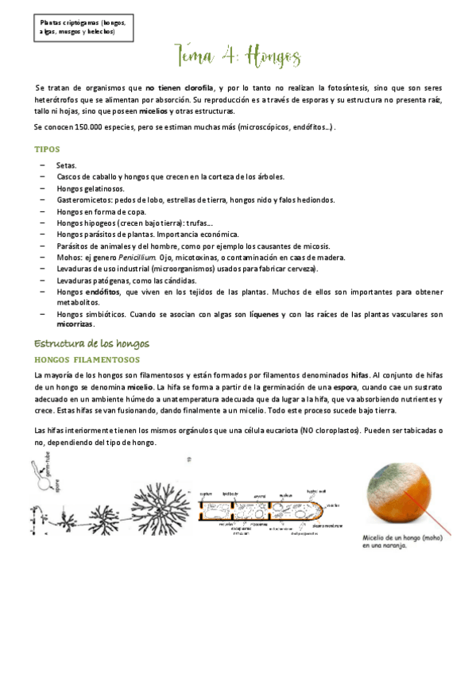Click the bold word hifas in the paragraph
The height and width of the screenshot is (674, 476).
pos(359,374)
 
